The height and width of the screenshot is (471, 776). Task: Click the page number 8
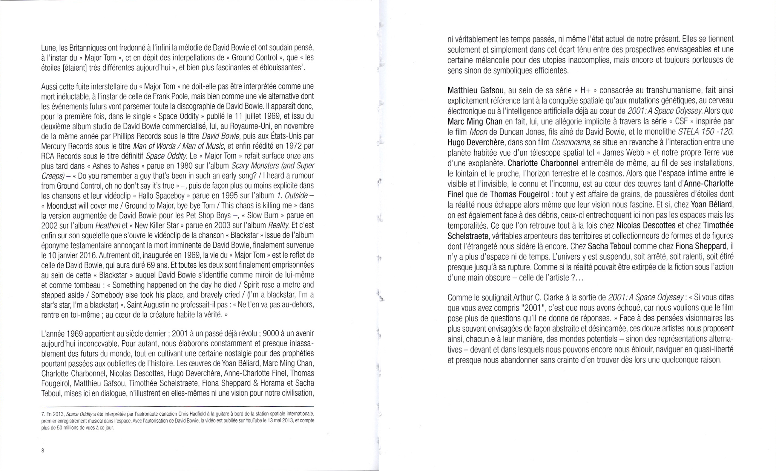[x=43, y=450]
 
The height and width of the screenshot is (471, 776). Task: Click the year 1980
[x=185, y=166]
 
